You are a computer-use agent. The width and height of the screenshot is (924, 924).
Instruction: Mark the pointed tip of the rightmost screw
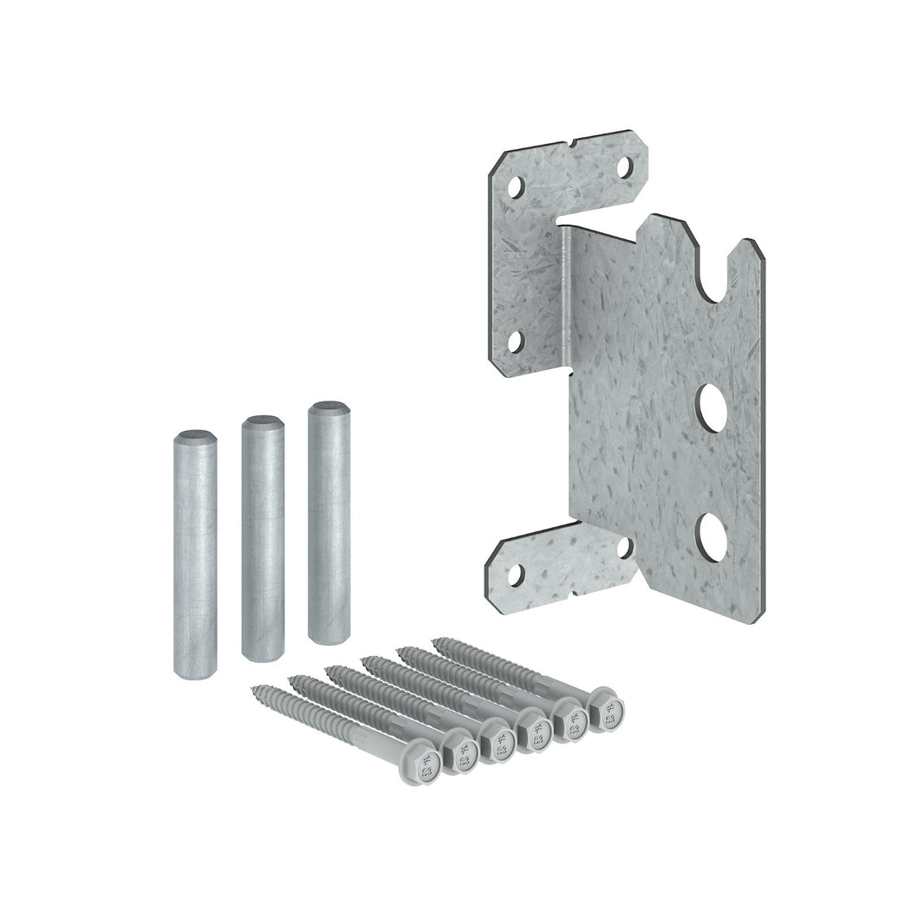[437, 642]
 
